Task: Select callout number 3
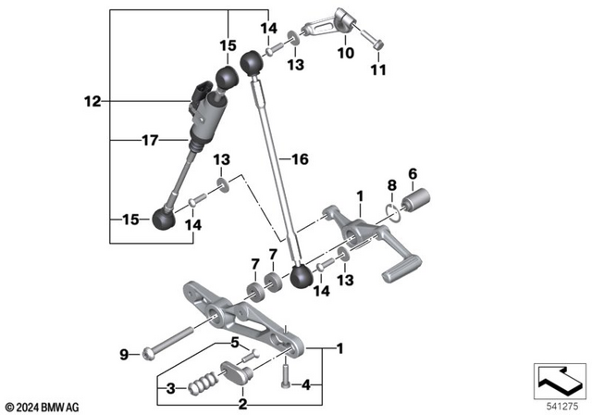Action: (172, 386)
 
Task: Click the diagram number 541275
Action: (558, 405)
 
